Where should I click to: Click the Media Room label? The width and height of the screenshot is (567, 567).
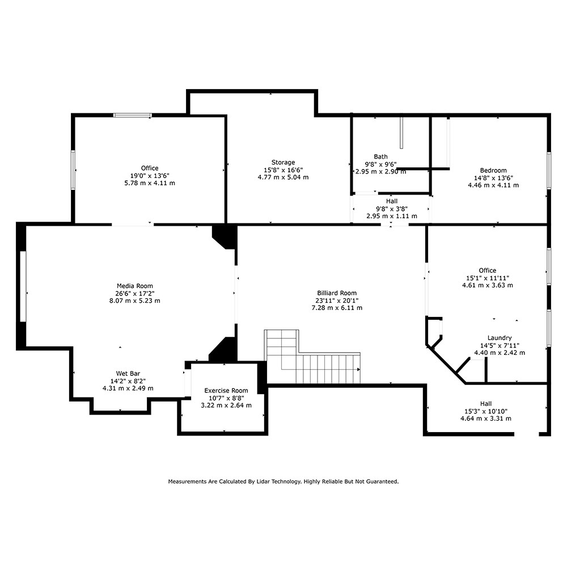pos(134,286)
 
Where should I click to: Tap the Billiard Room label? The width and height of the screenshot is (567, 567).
pos(337,293)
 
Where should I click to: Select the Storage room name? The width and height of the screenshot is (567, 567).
pos(283,162)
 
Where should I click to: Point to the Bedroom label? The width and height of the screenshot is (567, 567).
pos(493,170)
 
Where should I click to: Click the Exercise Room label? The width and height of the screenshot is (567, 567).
pos(226,391)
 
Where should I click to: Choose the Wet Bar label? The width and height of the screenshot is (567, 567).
pos(128,374)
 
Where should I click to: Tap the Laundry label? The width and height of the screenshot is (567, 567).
pos(500,338)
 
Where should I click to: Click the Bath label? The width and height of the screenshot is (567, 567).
pos(380,156)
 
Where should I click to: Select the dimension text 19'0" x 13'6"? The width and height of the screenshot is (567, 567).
pos(150,176)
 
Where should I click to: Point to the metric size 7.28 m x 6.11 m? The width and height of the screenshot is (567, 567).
pos(337,308)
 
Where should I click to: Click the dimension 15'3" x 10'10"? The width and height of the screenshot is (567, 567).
pos(486,411)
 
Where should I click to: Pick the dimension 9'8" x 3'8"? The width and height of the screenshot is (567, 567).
pos(392,209)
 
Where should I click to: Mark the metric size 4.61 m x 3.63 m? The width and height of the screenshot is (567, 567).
pos(487,285)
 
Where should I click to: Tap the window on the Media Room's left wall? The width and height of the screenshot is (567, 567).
pos(23,286)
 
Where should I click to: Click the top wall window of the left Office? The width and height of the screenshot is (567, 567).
pos(132,115)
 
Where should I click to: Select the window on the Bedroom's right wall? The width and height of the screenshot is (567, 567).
pos(549,171)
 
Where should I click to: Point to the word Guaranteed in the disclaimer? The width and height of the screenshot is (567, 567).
pos(382,481)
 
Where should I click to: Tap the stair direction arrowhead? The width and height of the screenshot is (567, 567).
pos(359,370)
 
